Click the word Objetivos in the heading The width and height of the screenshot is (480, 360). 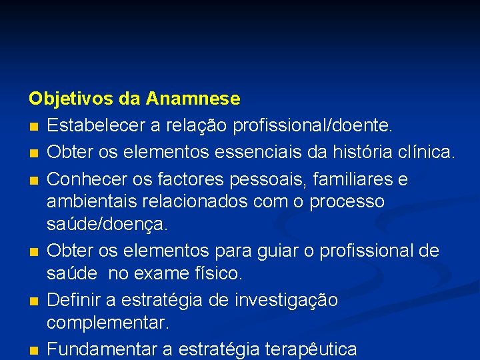coord(71,99)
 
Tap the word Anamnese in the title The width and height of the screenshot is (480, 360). coord(193,99)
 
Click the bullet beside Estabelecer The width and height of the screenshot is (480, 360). coord(33,126)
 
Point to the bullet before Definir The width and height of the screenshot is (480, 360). coord(33,302)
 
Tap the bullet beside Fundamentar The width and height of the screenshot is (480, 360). coord(33,350)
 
